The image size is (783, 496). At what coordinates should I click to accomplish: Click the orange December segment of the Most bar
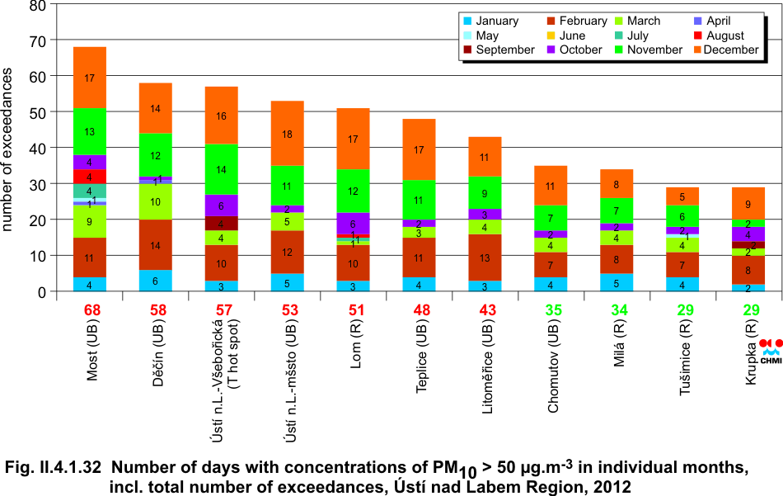[x=90, y=78]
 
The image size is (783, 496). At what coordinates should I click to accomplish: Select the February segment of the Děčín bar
[x=156, y=245]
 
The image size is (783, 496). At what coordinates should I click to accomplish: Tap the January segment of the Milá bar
[x=617, y=282]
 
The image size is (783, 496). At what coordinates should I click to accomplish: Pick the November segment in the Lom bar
[x=353, y=191]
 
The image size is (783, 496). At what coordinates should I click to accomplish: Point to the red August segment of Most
[x=90, y=177]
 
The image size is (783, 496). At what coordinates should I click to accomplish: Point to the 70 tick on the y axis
[x=38, y=40]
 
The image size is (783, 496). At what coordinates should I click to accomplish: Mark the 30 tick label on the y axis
[x=38, y=184]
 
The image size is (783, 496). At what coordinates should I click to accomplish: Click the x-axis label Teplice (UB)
[x=422, y=364]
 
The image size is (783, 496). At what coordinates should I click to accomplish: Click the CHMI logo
[x=771, y=350]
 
